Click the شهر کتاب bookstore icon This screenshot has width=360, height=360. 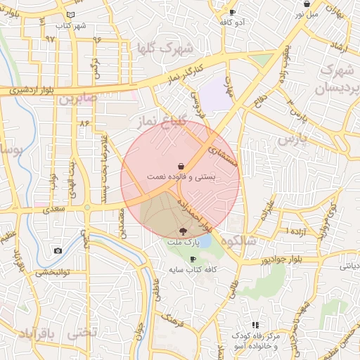[70, 15]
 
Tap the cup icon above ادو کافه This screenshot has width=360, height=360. [233, 12]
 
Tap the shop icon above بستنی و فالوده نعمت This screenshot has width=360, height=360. [181, 165]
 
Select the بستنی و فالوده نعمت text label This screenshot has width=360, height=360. [181, 176]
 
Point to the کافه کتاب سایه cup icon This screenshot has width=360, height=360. [193, 259]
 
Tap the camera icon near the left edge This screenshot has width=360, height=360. [58, 250]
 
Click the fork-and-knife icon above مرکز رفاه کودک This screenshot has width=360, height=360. [255, 325]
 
